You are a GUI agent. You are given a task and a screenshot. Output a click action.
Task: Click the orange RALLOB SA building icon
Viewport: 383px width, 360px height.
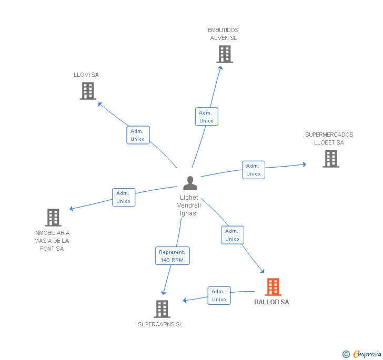(x=273, y=287)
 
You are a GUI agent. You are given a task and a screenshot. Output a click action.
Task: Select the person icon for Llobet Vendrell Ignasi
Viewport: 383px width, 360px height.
(x=190, y=183)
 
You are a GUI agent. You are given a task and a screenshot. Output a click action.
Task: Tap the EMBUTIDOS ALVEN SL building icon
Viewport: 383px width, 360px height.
(x=225, y=54)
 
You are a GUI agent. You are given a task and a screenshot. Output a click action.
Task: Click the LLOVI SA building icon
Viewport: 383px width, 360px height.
(x=88, y=91)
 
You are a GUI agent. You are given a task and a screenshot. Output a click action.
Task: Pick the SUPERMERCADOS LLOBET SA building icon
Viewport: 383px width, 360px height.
(x=330, y=159)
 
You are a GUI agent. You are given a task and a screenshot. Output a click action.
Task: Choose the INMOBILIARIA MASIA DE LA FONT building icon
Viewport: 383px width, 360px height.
(x=53, y=218)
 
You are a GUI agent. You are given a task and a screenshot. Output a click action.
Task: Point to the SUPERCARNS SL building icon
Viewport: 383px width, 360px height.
(x=162, y=309)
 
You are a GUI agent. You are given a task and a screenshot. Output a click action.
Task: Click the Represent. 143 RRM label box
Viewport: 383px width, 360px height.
(x=172, y=256)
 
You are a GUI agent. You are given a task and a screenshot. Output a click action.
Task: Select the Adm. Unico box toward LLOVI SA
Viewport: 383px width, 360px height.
(x=138, y=135)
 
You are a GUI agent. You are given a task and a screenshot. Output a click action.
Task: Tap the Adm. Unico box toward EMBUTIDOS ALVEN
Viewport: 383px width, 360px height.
(x=206, y=117)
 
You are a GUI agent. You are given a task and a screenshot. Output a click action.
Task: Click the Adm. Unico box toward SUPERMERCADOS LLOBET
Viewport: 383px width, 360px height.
(x=253, y=170)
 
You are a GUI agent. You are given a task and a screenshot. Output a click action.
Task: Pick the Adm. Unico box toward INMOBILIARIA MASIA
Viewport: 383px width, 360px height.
(x=124, y=197)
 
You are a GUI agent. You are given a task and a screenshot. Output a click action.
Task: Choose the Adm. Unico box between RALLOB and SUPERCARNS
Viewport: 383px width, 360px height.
(x=219, y=295)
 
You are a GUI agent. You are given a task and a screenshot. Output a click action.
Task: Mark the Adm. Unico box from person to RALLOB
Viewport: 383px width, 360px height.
(x=232, y=235)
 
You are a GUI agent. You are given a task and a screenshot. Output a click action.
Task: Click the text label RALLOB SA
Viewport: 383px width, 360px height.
(x=271, y=302)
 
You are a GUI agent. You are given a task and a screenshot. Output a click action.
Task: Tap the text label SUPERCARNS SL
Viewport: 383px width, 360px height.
(x=160, y=324)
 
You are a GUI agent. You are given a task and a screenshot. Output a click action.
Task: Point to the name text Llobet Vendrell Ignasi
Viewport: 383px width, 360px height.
(x=189, y=205)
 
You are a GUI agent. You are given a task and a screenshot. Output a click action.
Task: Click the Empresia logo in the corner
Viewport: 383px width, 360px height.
(x=362, y=354)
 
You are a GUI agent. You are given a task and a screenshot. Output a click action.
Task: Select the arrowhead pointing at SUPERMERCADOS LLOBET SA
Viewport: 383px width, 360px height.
(x=304, y=164)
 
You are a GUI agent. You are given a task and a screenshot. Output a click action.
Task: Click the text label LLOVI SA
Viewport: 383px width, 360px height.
(x=86, y=75)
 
